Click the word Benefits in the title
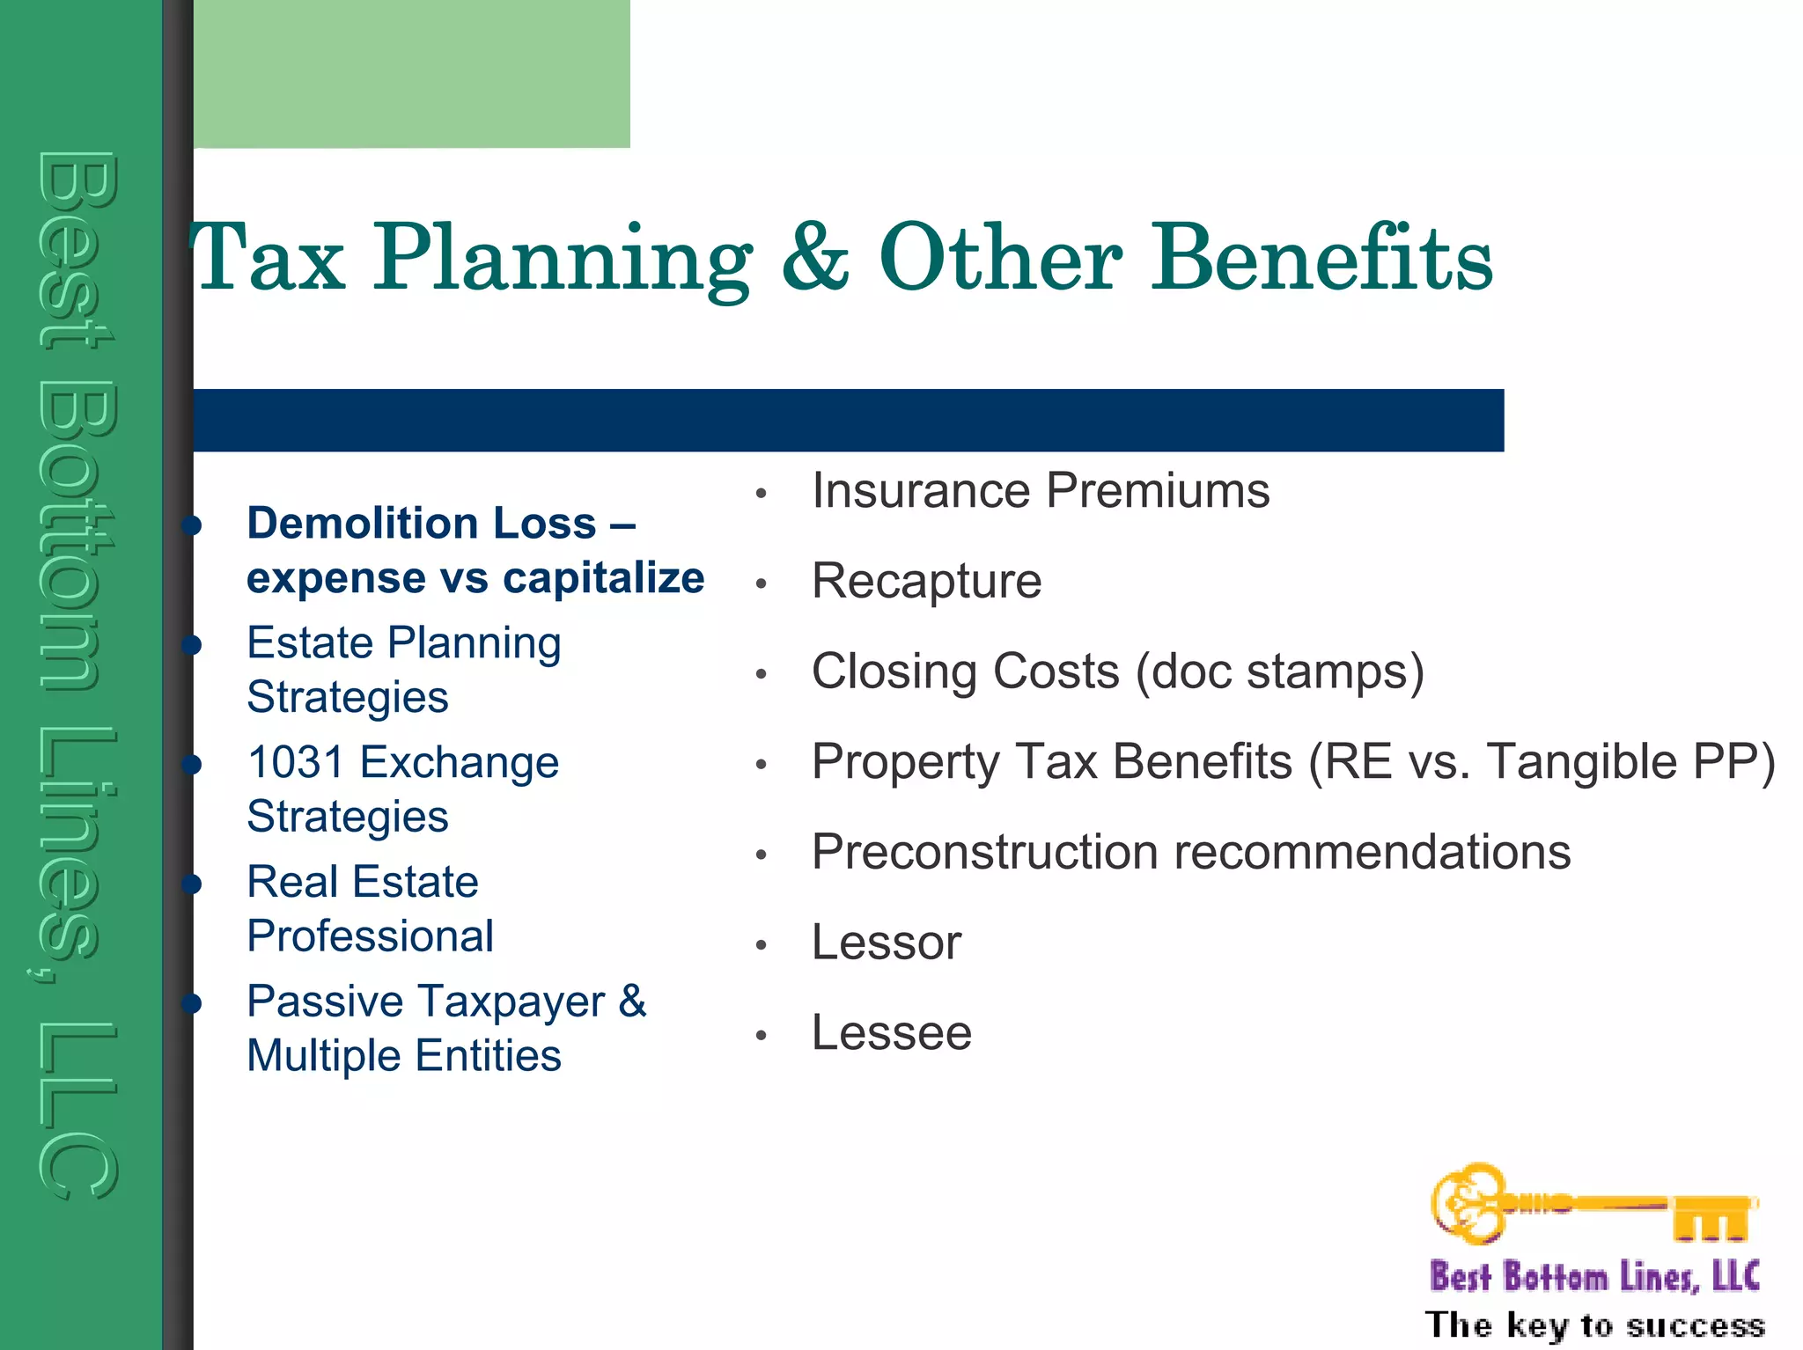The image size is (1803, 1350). point(1322,257)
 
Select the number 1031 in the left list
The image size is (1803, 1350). point(295,762)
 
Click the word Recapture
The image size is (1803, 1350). point(926,581)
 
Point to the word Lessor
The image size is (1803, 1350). point(886,943)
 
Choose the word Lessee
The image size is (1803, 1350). point(891,1032)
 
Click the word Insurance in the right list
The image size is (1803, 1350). point(920,490)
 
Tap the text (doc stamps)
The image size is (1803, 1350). point(1279,671)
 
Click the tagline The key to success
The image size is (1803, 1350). point(1594,1324)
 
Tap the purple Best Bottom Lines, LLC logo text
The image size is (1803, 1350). point(1594,1276)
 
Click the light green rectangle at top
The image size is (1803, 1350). point(411,73)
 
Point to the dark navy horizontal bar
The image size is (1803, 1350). point(848,421)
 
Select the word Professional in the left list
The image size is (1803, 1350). point(370,936)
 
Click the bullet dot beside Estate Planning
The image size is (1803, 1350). point(192,645)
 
